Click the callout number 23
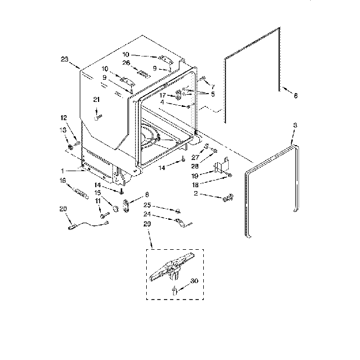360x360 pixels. point(64,60)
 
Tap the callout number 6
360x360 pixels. point(295,95)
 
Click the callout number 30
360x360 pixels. point(194,281)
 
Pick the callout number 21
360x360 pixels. point(96,100)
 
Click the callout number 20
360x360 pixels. point(62,209)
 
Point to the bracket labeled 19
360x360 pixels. point(220,167)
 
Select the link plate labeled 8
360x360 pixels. point(127,205)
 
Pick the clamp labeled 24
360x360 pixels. point(179,223)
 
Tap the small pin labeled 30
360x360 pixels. point(174,291)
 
